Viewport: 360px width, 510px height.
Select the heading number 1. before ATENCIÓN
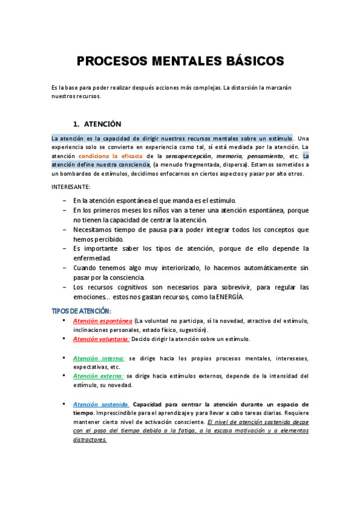coord(76,124)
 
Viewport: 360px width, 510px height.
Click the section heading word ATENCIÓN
coord(102,124)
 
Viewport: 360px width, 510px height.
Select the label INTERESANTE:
coord(71,187)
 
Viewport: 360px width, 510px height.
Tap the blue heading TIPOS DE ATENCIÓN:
coord(81,311)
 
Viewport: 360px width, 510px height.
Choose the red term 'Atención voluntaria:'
coord(101,339)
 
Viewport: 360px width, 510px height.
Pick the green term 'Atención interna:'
coord(98,358)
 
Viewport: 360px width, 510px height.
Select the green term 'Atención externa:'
coord(98,376)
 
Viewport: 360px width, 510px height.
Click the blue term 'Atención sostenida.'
coord(100,405)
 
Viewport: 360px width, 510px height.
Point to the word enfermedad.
coord(92,258)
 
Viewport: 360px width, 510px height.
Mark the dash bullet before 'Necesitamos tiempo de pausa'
coord(64,230)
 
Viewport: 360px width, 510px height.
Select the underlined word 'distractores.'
coord(90,440)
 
